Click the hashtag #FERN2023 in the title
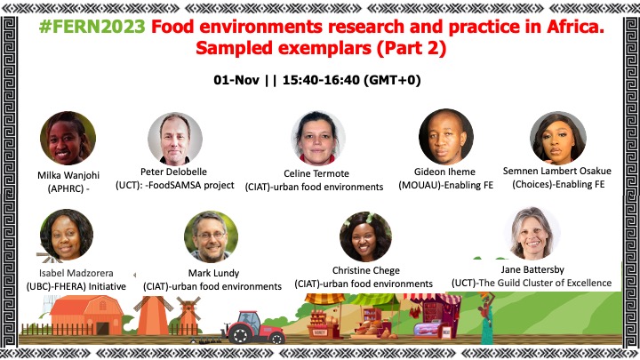(x=92, y=27)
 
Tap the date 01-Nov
(x=236, y=80)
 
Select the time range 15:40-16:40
(x=321, y=80)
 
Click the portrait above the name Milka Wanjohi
(x=68, y=138)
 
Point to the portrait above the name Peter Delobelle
(x=175, y=139)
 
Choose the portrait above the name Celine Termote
(x=318, y=138)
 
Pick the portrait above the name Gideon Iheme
(x=445, y=137)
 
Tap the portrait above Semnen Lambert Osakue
(x=558, y=138)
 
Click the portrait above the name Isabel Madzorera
(x=67, y=235)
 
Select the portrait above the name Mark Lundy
(x=211, y=236)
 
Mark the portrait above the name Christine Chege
(x=365, y=236)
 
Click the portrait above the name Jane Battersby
(x=532, y=233)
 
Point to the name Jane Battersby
(x=532, y=269)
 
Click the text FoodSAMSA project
(x=191, y=185)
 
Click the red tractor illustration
(x=254, y=328)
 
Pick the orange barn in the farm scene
(x=87, y=315)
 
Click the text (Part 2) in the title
(x=411, y=48)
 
